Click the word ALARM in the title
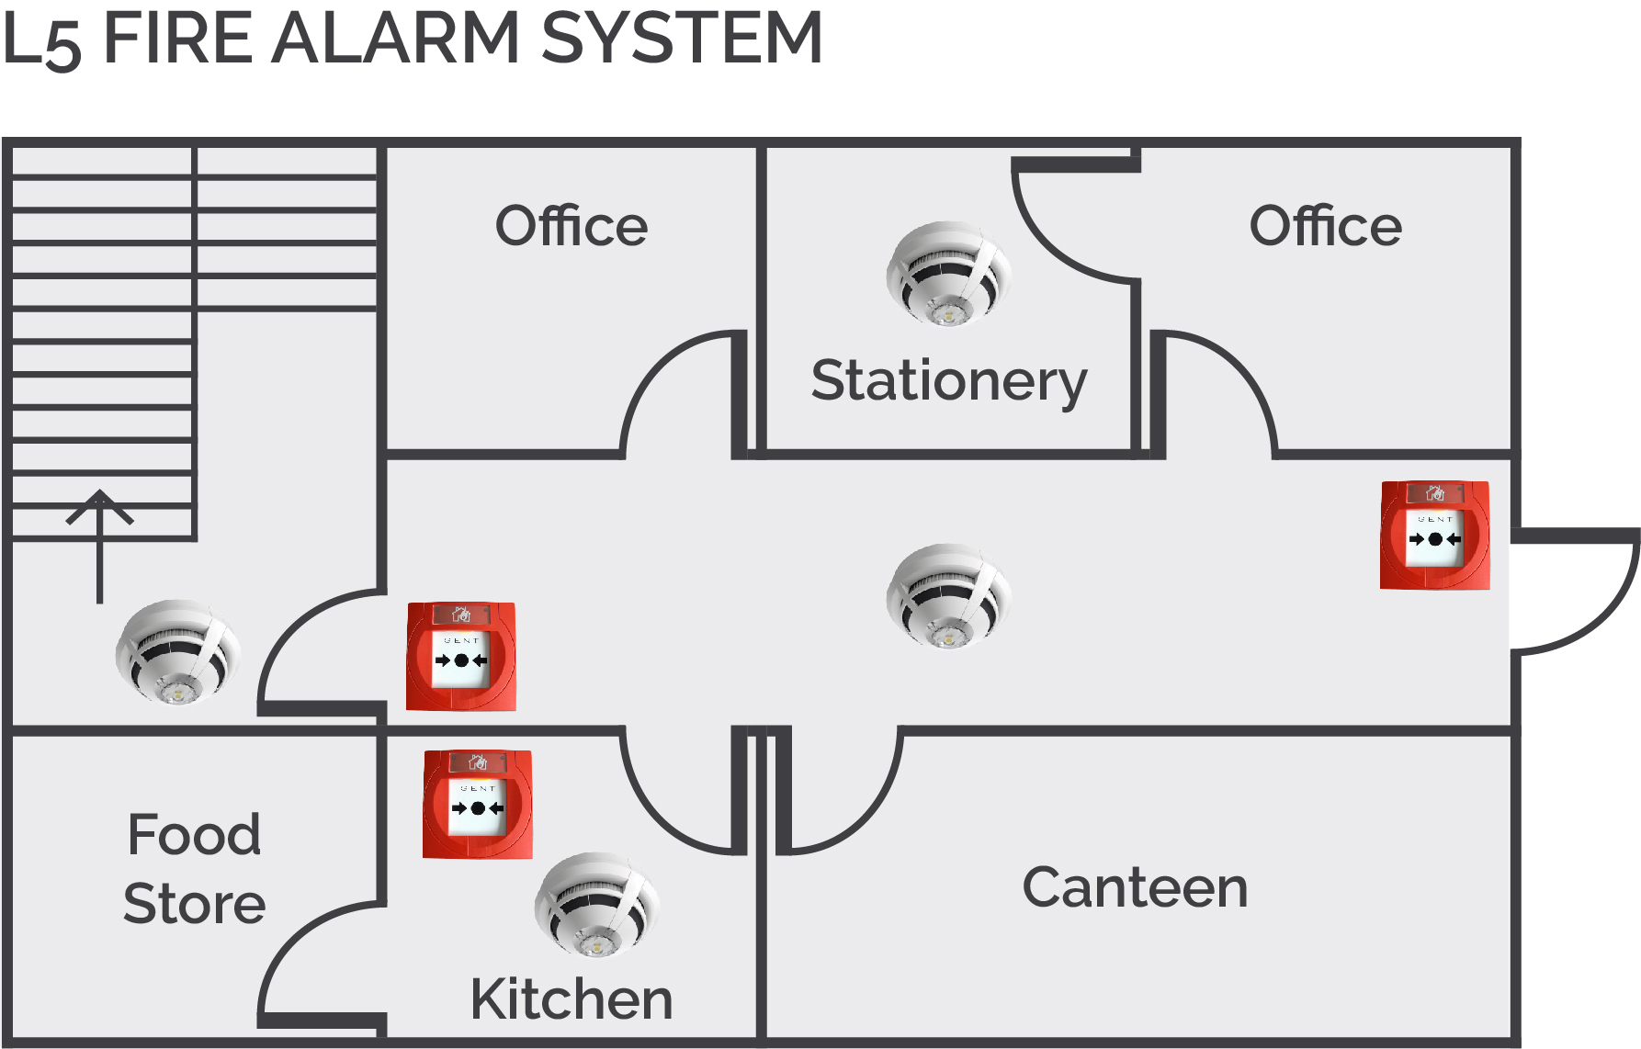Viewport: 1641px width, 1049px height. tap(396, 38)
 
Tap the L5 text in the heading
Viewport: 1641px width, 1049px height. tap(42, 40)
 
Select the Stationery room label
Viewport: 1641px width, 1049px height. tap(949, 382)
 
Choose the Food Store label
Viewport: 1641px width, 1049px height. tap(195, 869)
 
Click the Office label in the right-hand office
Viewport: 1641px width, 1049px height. tap(1326, 226)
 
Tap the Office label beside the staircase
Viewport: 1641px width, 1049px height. tap(572, 226)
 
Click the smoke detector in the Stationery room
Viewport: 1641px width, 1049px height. tap(949, 273)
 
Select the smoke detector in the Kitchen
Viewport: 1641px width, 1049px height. tap(597, 905)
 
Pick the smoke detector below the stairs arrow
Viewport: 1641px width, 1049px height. tap(178, 652)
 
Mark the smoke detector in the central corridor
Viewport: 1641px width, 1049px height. tap(949, 596)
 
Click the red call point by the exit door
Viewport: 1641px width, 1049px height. tap(1435, 536)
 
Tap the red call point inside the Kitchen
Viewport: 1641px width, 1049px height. tap(478, 805)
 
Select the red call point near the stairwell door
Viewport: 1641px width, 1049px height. tap(461, 657)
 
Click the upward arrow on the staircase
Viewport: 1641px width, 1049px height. tap(99, 547)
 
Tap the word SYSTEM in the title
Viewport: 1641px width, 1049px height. tap(682, 38)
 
